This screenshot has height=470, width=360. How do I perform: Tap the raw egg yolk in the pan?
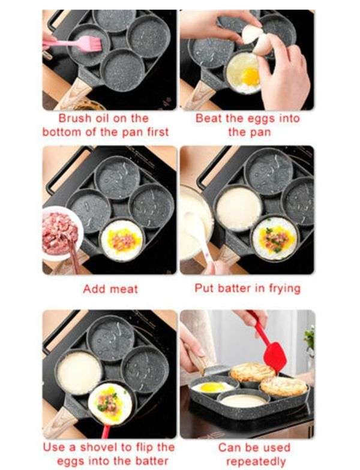pyautogui.click(x=250, y=76)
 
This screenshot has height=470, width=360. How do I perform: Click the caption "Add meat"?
pyautogui.click(x=110, y=289)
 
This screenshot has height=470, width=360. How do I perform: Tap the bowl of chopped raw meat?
pyautogui.click(x=60, y=231)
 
